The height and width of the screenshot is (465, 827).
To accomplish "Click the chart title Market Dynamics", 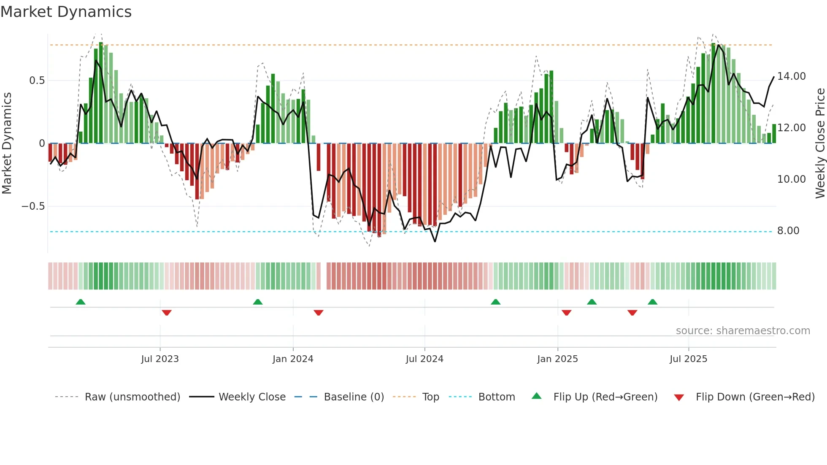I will [66, 12].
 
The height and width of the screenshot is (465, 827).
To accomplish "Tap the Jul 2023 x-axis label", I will [160, 359].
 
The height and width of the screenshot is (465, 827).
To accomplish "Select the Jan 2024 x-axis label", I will [293, 359].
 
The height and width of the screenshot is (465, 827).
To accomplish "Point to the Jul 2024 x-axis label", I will [424, 359].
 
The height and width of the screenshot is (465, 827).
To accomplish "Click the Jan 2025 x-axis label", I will [557, 359].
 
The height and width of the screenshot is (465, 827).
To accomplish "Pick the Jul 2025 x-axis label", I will [688, 359].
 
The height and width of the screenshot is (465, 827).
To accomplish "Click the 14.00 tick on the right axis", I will [791, 76].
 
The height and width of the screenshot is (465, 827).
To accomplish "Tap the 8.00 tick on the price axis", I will [788, 231].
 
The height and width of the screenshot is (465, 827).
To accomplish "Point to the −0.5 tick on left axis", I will [33, 206].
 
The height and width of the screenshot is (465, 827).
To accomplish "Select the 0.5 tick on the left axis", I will [37, 81].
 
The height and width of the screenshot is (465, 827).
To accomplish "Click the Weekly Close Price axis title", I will [820, 143].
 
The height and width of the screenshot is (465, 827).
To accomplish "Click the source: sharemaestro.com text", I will [743, 331].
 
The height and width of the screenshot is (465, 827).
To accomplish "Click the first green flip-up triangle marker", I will [81, 302].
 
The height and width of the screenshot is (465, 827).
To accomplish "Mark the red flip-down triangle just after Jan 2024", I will [319, 313].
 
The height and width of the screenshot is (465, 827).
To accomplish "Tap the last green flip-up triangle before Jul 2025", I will [652, 302].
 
